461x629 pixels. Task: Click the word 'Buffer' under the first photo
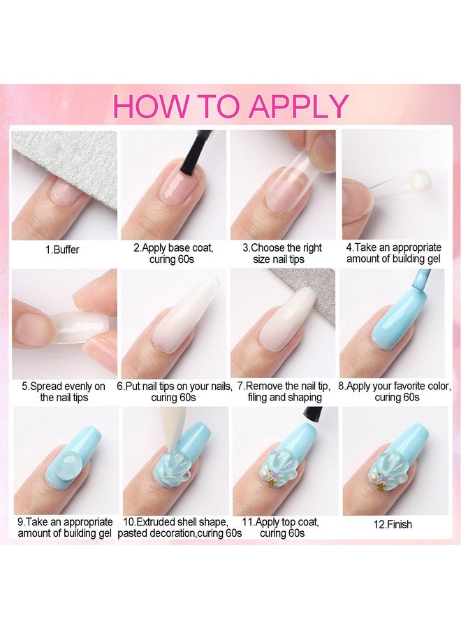(x=67, y=249)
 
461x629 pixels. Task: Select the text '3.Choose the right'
(x=283, y=247)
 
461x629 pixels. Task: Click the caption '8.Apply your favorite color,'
(x=395, y=385)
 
